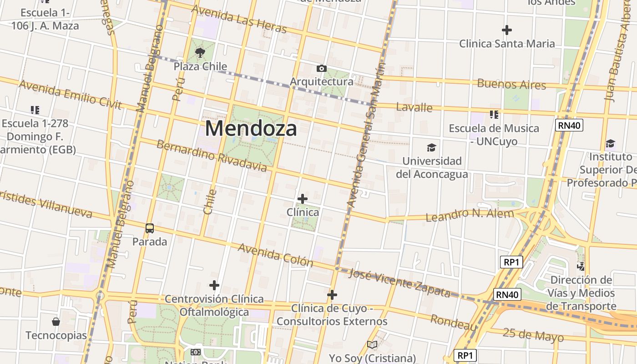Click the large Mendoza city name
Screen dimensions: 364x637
click(251, 128)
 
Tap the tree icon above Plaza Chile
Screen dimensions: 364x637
click(200, 53)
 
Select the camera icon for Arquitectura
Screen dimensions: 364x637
click(322, 69)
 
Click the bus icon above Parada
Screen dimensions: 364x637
click(149, 228)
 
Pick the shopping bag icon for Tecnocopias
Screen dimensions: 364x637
click(56, 322)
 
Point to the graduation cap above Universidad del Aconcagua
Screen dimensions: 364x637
click(431, 147)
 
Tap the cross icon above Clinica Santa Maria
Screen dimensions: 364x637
click(507, 30)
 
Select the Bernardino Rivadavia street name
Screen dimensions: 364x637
click(212, 156)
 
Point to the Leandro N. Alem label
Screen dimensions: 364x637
click(470, 214)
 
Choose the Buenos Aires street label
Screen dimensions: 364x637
click(511, 84)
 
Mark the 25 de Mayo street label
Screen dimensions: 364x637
click(533, 334)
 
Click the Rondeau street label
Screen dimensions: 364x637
click(454, 322)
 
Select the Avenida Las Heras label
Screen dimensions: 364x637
click(239, 19)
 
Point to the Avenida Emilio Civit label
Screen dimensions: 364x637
click(70, 95)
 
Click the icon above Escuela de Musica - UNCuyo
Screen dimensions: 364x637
click(494, 114)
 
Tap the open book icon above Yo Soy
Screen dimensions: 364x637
click(372, 344)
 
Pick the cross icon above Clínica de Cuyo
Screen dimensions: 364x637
click(332, 295)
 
